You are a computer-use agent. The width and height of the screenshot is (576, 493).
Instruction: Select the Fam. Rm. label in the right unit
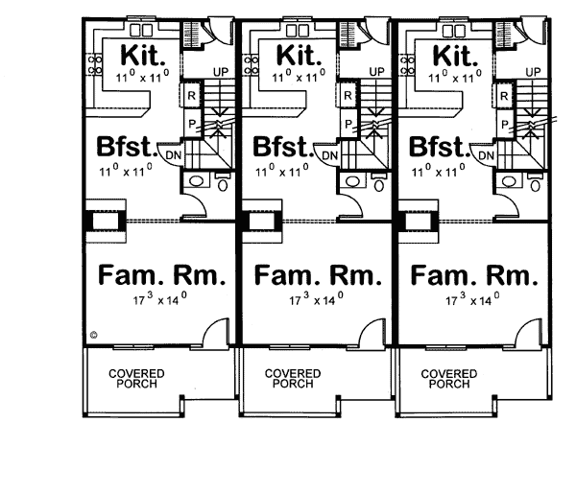coord(473,276)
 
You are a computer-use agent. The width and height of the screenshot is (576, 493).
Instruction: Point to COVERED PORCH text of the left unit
coord(135,378)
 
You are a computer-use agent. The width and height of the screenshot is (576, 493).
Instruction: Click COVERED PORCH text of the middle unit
coord(292,378)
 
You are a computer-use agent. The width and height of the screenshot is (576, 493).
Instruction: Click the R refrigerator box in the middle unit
coord(348,95)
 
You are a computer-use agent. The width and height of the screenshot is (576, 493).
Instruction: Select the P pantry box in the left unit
coord(192,123)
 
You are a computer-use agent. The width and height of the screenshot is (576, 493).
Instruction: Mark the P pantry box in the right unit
coord(503,123)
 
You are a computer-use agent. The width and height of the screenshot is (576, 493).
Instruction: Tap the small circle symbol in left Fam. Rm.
coord(94,334)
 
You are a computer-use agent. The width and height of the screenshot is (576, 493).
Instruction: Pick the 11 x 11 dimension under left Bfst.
coord(127,171)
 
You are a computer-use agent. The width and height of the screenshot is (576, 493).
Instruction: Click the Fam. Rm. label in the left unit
coord(162,276)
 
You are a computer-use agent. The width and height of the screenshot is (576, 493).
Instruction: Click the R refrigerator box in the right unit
coord(503,95)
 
